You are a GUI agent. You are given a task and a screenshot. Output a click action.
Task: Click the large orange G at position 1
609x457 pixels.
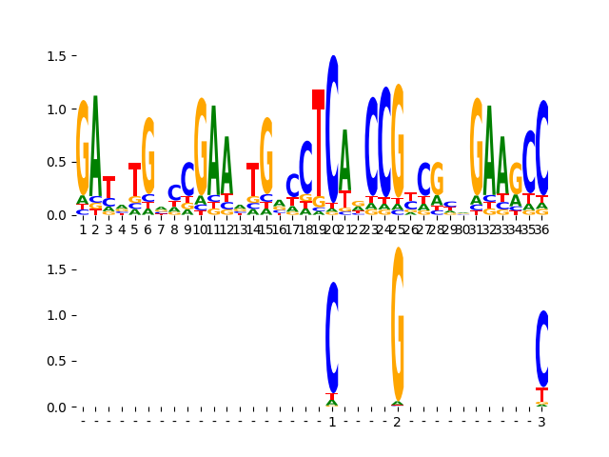83,148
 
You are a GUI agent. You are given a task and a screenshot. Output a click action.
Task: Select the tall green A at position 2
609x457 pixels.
95,143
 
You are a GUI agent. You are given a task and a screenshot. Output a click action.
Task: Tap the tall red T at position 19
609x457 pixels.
319,143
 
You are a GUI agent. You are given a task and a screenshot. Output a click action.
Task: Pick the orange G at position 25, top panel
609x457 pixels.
398,143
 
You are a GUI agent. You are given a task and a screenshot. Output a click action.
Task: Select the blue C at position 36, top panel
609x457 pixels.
542,148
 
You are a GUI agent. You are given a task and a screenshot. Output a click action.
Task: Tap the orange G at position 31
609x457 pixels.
477,148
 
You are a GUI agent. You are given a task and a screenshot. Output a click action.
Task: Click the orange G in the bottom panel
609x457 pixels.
398,324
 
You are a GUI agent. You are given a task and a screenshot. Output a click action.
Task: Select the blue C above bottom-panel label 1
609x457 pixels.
332,337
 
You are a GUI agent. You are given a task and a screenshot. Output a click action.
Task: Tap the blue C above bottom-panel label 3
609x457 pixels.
542,348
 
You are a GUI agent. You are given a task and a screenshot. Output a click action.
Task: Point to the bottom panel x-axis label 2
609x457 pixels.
398,422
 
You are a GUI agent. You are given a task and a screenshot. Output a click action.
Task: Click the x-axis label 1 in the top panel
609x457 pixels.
83,229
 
